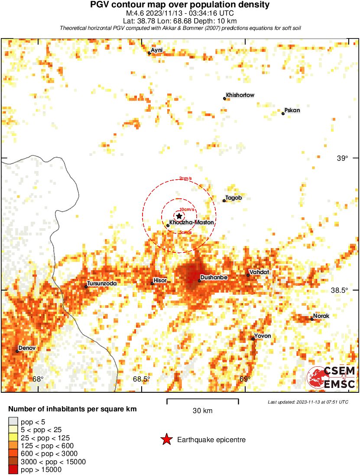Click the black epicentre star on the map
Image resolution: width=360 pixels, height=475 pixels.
179,216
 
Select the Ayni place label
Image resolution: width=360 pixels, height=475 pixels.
157,50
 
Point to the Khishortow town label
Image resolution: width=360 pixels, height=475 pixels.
240,95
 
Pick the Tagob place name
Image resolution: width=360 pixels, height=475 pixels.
234,198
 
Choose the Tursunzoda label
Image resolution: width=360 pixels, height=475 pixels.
102,284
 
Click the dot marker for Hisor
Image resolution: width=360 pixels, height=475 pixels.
152,283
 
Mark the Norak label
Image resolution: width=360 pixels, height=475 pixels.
321,316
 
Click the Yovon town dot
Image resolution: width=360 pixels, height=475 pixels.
253,339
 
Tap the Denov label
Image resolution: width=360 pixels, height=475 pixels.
27,348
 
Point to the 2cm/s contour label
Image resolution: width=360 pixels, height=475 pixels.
185,178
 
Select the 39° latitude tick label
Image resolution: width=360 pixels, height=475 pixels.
343,158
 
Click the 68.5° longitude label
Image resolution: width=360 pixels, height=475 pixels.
142,379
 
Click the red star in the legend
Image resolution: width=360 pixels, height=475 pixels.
166,440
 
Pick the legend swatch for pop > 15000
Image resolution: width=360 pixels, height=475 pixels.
13,469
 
